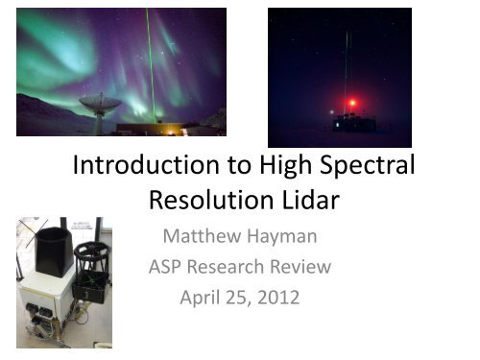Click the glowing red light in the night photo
pyautogui.click(x=352, y=103)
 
